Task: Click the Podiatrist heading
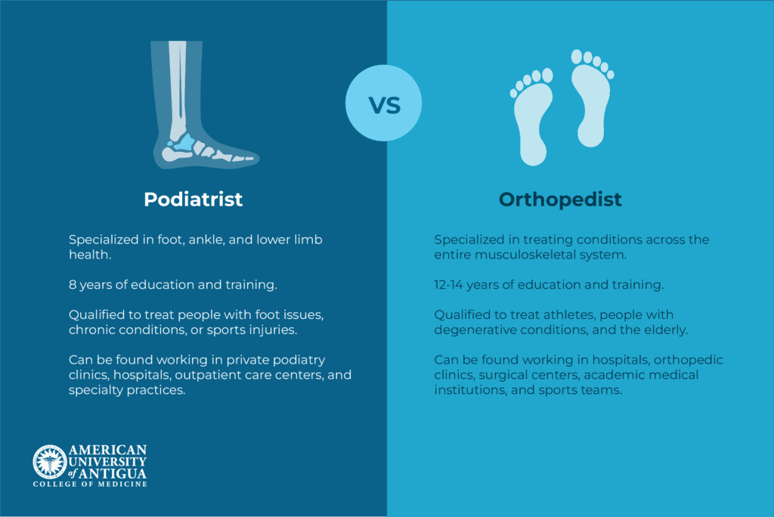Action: click(193, 200)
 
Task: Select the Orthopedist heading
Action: click(560, 200)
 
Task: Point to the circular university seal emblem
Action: click(49, 462)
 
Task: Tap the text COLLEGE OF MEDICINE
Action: click(89, 484)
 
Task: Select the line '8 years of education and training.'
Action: click(169, 285)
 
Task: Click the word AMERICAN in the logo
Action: click(107, 450)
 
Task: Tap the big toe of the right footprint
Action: click(577, 56)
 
